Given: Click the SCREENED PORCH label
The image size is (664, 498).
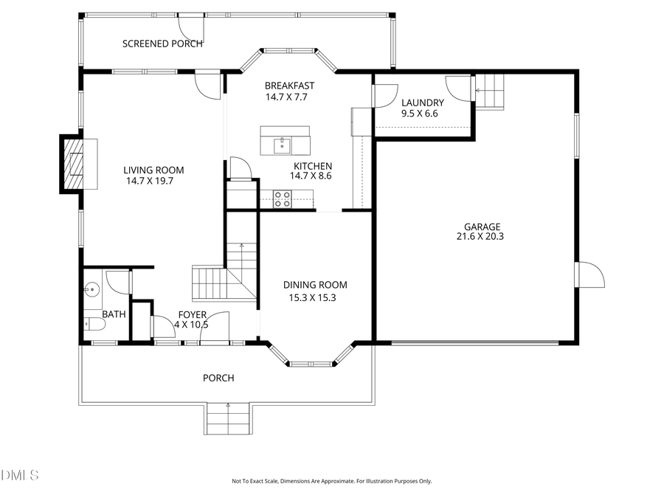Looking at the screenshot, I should coord(162,44).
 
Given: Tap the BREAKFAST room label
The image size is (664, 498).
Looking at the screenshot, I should coord(290,86).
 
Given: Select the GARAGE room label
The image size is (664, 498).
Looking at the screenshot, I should coord(482,226).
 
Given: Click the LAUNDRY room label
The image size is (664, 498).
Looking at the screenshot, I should coord(422,103).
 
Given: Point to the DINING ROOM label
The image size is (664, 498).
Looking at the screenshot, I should coord(315,285).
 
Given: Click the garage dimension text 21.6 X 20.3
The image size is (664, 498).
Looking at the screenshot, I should coord(482,237).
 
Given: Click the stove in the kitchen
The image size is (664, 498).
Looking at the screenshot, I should coord(283,197).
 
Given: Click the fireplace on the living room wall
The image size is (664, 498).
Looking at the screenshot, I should coord(74,164).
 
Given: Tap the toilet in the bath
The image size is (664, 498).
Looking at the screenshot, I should coord(91,322).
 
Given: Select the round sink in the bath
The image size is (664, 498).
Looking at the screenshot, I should coord(92,290).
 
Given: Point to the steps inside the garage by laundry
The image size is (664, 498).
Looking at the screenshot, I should coord(490,91).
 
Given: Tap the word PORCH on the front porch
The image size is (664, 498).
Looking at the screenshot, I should coord(218,378).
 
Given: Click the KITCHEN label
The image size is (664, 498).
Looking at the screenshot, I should coord(313,166).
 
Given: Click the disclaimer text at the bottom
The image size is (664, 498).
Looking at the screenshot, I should coord(331,481).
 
